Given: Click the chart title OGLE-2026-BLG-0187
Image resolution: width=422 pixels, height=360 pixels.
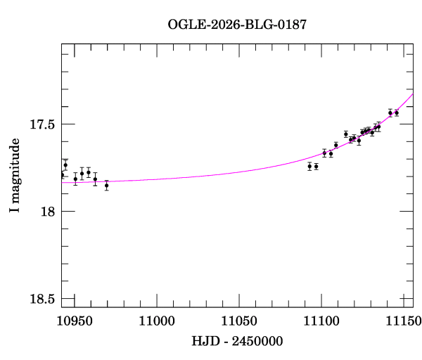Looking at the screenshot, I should click(237, 25).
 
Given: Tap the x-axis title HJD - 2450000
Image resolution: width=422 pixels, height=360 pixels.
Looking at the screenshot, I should click(238, 341).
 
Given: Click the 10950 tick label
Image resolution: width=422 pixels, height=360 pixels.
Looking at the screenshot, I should click(73, 320).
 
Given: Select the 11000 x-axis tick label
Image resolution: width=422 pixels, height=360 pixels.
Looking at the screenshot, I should click(156, 320).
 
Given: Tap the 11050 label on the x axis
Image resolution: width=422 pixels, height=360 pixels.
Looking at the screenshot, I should click(238, 320).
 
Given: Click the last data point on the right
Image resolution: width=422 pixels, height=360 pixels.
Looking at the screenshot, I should click(396, 112).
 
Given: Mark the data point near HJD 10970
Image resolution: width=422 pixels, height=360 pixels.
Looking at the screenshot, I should click(106, 186).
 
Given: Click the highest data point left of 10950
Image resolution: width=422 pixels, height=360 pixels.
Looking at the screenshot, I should click(65, 165).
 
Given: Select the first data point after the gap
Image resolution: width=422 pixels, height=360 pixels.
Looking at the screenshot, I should click(309, 166).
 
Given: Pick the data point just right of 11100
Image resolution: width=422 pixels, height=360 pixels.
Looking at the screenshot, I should click(324, 153).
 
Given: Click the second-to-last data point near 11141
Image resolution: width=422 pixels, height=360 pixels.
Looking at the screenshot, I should click(390, 112).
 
